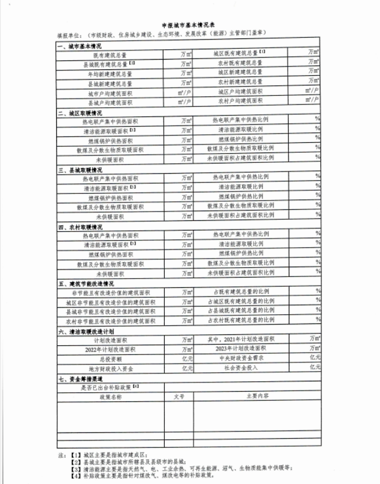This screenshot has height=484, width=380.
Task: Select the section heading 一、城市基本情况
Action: (80, 46)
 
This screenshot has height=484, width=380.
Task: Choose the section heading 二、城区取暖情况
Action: (80, 113)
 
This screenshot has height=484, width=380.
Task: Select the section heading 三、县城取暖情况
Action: (80, 170)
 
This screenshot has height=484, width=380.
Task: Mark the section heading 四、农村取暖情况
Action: (80, 227)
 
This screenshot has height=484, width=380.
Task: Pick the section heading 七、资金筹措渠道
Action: (80, 379)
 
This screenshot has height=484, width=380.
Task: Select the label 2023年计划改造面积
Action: (241, 349)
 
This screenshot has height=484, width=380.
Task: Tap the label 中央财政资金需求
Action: (241, 358)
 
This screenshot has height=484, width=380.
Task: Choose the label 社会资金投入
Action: (241, 368)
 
